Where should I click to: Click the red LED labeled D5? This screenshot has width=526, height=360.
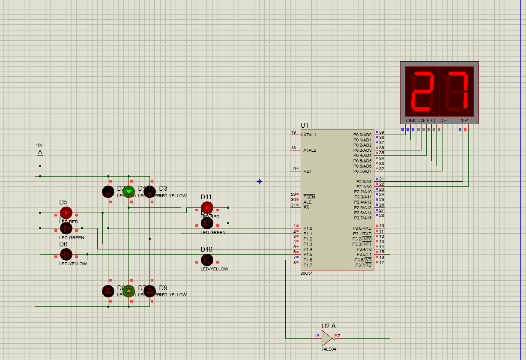click(66, 213)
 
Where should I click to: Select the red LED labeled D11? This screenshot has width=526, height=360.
click(207, 208)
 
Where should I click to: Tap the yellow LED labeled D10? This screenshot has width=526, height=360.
click(207, 260)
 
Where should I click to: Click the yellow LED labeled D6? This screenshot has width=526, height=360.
click(66, 255)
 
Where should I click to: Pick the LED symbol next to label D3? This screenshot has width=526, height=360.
click(149, 192)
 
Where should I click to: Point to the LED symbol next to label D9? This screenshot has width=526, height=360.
click(149, 291)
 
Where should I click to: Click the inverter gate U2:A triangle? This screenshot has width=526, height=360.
click(327, 338)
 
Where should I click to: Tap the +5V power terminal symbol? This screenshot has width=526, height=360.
click(40, 153)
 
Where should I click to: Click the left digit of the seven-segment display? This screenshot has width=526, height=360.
click(423, 90)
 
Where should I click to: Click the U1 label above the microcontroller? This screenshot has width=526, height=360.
click(304, 125)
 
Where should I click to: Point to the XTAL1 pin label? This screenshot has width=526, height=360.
click(310, 135)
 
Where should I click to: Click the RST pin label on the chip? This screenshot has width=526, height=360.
click(308, 171)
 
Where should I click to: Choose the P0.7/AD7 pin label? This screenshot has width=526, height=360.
click(362, 171)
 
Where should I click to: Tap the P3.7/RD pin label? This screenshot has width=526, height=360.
click(362, 265)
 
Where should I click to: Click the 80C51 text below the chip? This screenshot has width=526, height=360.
click(307, 273)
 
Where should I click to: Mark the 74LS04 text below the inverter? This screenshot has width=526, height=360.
click(329, 349)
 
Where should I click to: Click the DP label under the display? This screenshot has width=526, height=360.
click(443, 120)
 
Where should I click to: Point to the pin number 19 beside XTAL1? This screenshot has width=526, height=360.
click(293, 132)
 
